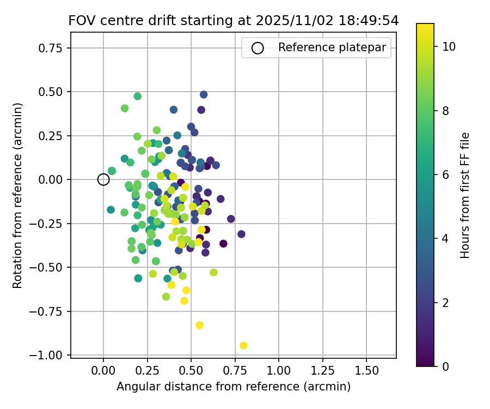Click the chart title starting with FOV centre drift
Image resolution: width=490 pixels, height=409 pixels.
click(x=233, y=21)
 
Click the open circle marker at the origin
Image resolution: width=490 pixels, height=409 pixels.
click(x=103, y=179)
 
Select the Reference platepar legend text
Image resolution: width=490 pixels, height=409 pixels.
click(x=332, y=47)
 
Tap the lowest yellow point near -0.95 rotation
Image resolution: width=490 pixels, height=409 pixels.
click(x=243, y=345)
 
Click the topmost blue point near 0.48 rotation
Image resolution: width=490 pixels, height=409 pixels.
click(x=204, y=94)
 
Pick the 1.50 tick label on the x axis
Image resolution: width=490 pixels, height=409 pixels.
click(x=366, y=370)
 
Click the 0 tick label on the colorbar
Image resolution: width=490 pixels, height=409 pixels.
click(x=445, y=366)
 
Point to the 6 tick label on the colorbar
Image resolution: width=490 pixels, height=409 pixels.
click(x=445, y=175)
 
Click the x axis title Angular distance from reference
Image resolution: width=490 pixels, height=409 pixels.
click(x=233, y=387)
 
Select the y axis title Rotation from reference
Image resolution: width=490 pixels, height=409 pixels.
click(x=18, y=195)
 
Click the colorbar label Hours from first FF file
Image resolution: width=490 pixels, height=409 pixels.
click(x=464, y=195)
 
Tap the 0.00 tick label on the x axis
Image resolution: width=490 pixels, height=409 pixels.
click(x=103, y=370)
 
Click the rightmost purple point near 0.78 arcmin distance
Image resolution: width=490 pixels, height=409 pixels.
click(x=241, y=234)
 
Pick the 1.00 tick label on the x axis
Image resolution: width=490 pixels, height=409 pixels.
click(x=278, y=370)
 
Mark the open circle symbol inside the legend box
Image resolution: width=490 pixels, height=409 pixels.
click(x=258, y=48)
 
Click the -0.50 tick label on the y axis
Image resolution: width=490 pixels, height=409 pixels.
click(x=51, y=267)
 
